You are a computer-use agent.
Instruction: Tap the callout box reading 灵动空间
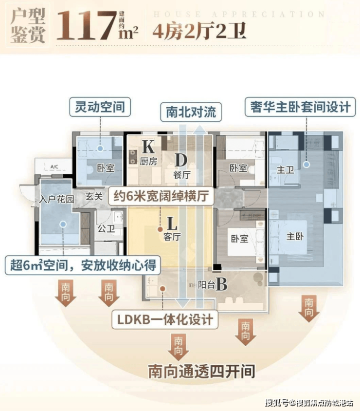[x=101, y=106]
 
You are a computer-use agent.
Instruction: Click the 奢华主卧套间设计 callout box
[x=298, y=107]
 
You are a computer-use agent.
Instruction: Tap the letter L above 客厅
[x=172, y=224]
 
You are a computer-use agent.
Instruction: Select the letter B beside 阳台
[x=221, y=284]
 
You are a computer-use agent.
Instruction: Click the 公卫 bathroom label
[x=105, y=228]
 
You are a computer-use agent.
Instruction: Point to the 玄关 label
[x=94, y=197]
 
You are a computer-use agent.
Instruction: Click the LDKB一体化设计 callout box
[x=165, y=320]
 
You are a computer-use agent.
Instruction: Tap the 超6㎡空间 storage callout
[x=83, y=265]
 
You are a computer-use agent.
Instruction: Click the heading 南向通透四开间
[x=201, y=372]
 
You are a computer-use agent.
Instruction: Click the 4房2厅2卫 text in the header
[x=199, y=32]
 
